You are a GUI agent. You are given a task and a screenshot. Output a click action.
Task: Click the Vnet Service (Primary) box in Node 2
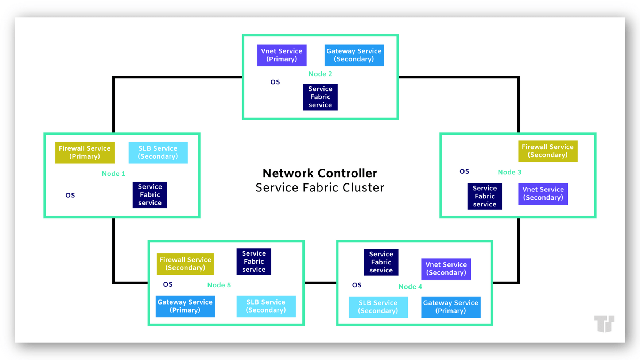coord(282,55)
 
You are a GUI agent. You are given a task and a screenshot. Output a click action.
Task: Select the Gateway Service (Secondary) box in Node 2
coord(354,55)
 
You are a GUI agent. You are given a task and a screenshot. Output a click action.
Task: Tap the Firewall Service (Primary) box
coord(85,152)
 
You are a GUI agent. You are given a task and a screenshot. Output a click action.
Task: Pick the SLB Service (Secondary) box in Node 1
coord(158,152)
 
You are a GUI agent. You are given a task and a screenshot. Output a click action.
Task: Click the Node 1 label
coord(113,174)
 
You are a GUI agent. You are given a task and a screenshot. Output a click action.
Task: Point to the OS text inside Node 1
coord(70,195)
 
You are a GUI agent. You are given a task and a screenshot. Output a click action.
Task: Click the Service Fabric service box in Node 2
coord(320,97)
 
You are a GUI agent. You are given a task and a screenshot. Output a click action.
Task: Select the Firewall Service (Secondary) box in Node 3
coord(547,151)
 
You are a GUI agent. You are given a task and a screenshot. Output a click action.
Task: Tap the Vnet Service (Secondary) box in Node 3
coord(543,194)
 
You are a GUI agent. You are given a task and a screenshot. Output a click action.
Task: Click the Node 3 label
coord(509,172)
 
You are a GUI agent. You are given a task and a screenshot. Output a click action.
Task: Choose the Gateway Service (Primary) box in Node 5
coord(185,306)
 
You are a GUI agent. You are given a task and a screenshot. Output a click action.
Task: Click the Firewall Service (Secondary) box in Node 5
coord(185,264)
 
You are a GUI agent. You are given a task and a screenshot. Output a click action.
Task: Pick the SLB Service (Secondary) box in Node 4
coord(378,307)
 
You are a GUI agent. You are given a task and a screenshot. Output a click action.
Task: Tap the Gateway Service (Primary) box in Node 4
coord(450,307)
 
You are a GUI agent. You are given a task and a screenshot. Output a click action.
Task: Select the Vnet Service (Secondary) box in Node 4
coord(446,269)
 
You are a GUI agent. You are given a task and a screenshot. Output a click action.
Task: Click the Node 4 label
coord(410,287)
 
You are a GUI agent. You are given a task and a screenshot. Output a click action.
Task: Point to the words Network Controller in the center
coord(319,173)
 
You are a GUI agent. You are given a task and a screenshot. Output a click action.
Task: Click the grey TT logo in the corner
coord(604,323)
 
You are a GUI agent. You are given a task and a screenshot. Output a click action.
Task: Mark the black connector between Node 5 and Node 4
coord(320,283)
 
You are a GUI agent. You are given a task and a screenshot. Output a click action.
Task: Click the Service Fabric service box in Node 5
coord(253,262)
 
